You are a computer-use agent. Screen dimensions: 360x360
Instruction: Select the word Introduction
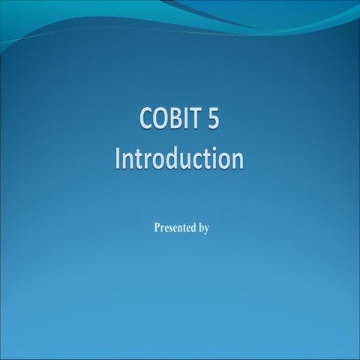point(180,159)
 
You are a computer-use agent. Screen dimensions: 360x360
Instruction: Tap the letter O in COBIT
point(160,120)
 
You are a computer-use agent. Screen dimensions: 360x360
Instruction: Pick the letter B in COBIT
point(172,120)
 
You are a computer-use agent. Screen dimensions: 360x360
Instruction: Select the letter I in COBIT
point(182,120)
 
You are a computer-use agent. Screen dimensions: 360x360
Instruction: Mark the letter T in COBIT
point(191,120)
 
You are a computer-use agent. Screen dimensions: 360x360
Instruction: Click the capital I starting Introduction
point(118,159)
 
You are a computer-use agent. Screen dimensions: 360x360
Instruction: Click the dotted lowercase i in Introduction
point(214,159)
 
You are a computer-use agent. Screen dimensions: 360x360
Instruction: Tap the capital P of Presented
point(156,227)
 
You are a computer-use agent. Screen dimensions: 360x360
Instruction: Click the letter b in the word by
point(200,227)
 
